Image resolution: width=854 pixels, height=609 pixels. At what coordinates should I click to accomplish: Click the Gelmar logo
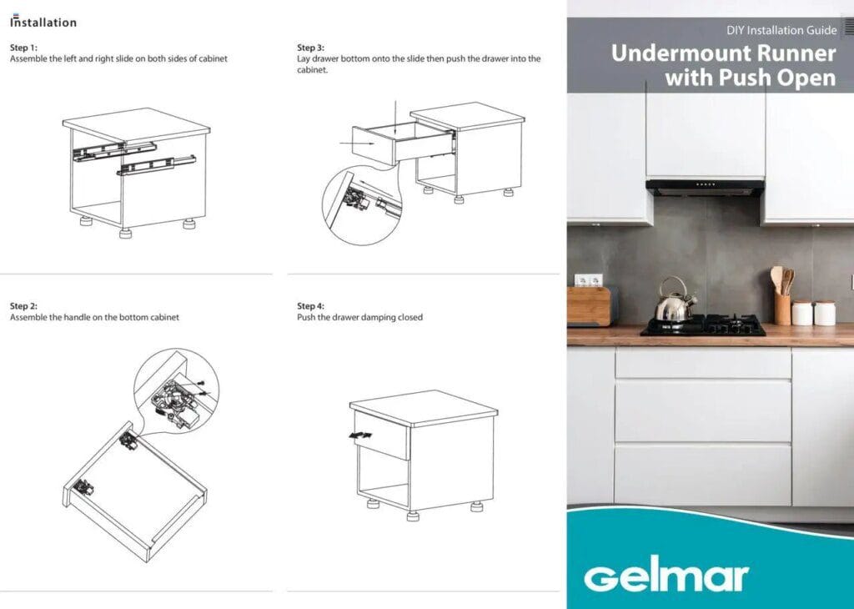click(666, 576)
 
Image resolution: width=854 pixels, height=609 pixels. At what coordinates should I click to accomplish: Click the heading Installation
click(43, 23)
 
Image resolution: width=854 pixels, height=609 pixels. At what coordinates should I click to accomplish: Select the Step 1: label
click(23, 48)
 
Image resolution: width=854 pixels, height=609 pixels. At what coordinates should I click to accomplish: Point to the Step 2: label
click(23, 306)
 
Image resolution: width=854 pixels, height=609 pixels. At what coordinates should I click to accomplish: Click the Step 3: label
click(311, 48)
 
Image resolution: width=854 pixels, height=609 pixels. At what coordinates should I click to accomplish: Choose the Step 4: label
click(311, 306)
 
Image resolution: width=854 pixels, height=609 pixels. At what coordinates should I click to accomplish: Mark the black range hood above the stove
click(705, 188)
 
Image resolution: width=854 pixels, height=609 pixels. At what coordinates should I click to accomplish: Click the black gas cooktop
click(703, 325)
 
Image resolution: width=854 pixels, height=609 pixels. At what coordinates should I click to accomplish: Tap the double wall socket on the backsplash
click(588, 279)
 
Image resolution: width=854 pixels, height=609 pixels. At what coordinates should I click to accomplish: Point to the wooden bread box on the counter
click(590, 306)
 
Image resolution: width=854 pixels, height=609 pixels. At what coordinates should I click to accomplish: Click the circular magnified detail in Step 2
click(174, 391)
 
